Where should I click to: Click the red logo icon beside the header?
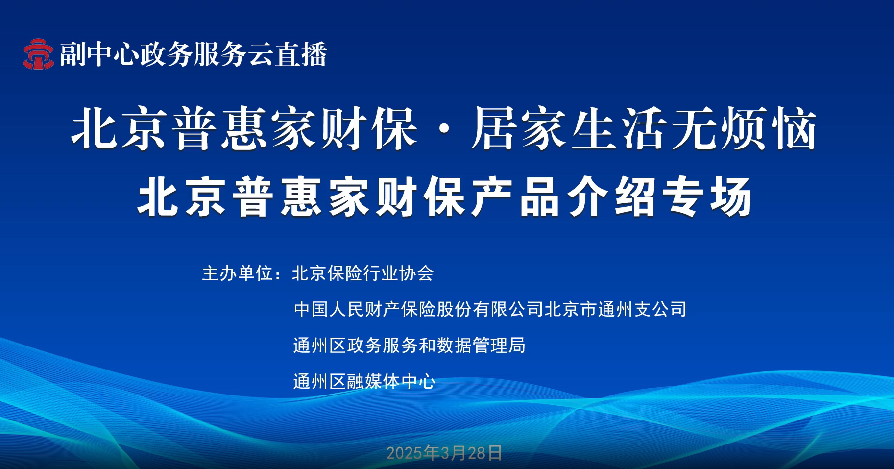click(38, 54)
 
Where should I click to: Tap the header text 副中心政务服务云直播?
click(193, 54)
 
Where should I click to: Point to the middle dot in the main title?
click(444, 130)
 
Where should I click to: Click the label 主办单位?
click(238, 273)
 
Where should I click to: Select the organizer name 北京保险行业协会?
click(362, 273)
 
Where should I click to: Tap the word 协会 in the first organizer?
click(416, 273)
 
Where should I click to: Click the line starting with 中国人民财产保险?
click(490, 309)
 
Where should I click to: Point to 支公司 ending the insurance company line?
click(660, 309)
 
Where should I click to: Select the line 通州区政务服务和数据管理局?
click(409, 346)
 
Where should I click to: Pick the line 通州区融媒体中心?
click(364, 381)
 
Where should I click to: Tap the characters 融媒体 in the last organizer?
click(373, 381)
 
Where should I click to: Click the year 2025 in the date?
click(405, 453)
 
